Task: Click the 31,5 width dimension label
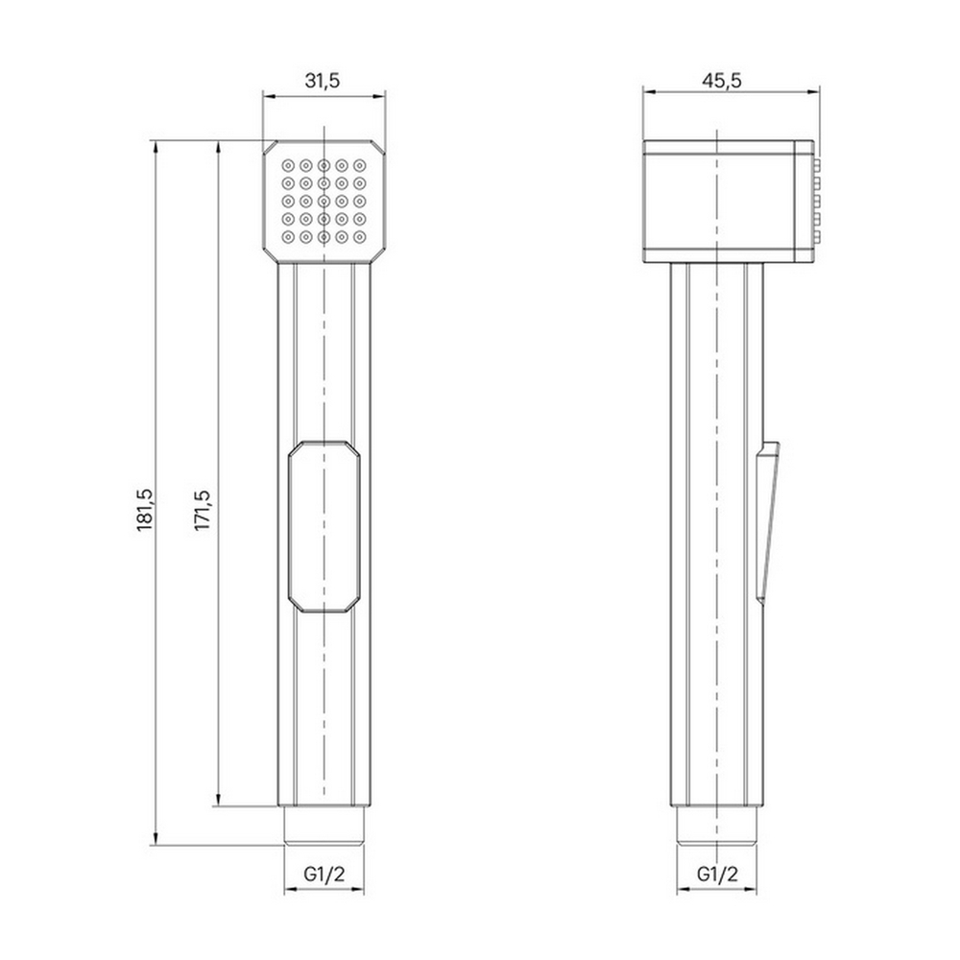tap(323, 81)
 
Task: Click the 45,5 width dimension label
tap(721, 81)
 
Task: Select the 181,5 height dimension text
tap(145, 508)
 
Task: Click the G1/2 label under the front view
tap(323, 875)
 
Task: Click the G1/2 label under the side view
tap(717, 875)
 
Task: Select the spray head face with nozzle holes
tap(324, 202)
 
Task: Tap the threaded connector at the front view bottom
tap(324, 825)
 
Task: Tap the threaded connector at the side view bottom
tap(718, 825)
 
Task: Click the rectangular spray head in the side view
tap(725, 201)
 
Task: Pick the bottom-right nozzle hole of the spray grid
tap(359, 236)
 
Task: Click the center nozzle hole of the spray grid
tap(324, 201)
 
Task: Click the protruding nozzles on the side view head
tap(817, 201)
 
